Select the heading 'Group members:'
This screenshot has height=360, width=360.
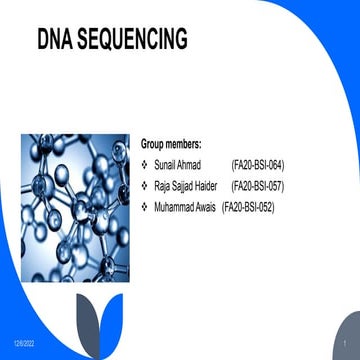click(171, 144)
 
